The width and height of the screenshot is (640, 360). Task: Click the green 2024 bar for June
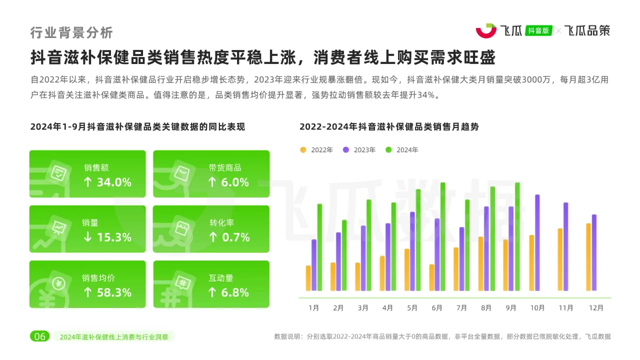442,236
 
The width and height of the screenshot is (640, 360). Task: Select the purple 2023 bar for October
537,242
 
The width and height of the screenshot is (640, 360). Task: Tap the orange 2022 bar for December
588,256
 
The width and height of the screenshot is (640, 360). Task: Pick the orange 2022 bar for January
308,278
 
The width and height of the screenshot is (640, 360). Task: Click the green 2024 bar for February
344,255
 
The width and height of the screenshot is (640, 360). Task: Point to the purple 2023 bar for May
412,251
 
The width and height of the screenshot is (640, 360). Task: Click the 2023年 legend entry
359,150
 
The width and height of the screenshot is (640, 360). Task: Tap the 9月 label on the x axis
511,308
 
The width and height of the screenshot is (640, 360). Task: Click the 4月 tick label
387,308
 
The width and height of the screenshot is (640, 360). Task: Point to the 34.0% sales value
107,182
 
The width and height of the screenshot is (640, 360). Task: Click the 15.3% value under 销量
107,237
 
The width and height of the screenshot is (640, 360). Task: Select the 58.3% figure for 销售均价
107,292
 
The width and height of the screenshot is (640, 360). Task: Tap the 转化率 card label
221,223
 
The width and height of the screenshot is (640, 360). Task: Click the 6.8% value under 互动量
228,292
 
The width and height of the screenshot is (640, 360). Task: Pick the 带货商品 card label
225,168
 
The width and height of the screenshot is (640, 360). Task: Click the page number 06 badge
39,336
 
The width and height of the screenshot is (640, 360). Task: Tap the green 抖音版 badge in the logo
538,30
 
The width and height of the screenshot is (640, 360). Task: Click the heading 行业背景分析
71,32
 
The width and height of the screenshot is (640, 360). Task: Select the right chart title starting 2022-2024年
389,127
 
